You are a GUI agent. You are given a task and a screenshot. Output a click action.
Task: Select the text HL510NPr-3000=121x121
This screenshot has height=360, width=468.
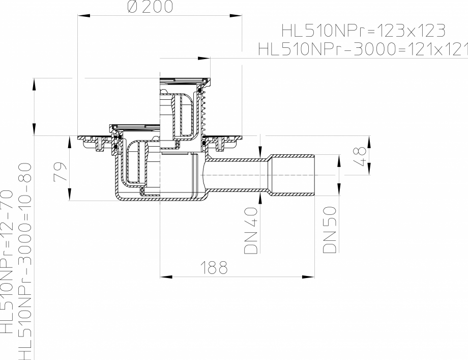point(363,49)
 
